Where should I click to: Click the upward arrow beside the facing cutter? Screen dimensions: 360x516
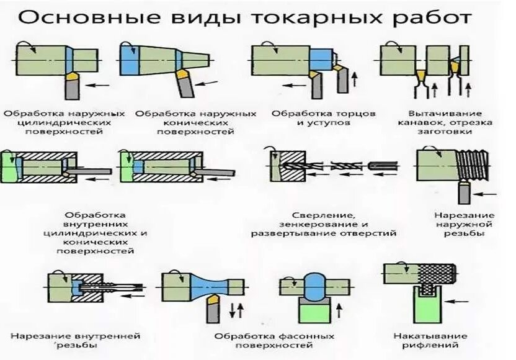click(x=356, y=78)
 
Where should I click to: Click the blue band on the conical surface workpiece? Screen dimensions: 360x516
click(x=130, y=60)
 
